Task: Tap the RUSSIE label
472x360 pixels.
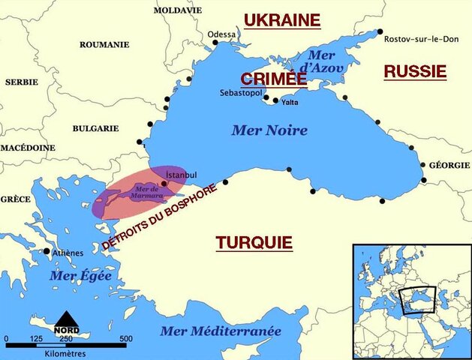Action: point(415,71)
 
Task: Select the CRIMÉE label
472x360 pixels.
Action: point(274,79)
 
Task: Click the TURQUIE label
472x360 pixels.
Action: point(254,242)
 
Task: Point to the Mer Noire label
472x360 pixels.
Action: point(269,130)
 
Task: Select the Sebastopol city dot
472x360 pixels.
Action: point(266,97)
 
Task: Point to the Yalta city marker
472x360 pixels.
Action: point(276,100)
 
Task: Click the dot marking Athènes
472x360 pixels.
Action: point(47,251)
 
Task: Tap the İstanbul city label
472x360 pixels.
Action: point(180,175)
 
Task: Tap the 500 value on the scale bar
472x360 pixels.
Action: point(125,339)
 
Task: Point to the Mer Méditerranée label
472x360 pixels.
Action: point(220,331)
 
